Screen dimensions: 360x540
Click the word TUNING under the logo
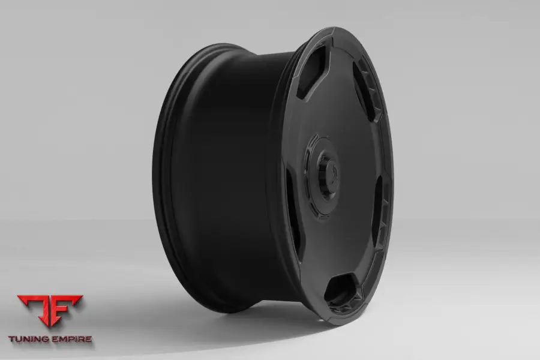[x=32, y=339]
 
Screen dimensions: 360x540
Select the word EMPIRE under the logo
[x=71, y=339]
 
